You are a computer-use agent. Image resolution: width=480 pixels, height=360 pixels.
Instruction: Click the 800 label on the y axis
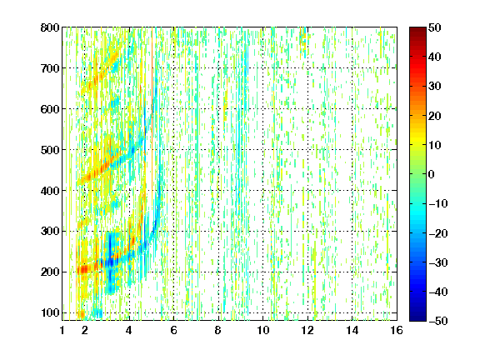click(x=50, y=27)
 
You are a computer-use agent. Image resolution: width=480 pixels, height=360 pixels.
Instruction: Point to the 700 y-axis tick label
click(x=50, y=68)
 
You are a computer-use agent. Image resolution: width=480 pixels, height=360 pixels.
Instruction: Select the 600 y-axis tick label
click(x=50, y=109)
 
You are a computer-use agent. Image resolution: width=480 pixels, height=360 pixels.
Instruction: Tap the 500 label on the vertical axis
click(x=50, y=150)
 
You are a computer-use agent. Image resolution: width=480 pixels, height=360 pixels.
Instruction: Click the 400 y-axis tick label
click(x=50, y=191)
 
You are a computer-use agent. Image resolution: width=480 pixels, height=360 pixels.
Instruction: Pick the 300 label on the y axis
click(x=50, y=231)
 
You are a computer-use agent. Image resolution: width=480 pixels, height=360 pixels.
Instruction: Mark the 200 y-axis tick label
click(x=50, y=272)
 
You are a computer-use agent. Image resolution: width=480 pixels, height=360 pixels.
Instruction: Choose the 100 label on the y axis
click(x=50, y=312)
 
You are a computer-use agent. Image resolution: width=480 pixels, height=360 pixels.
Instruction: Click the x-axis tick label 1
click(x=62, y=330)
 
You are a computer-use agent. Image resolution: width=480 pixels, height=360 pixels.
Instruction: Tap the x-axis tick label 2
click(x=85, y=330)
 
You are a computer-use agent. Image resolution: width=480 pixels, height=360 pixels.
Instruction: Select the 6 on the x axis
click(x=174, y=330)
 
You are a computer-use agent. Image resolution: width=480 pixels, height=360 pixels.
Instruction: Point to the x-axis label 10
click(x=263, y=330)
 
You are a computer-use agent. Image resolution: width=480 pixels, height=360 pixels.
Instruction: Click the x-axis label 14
click(x=352, y=330)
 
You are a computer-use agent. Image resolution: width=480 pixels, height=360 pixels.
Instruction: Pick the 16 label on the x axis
click(x=397, y=330)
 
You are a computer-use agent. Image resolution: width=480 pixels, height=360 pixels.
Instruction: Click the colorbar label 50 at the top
click(x=435, y=27)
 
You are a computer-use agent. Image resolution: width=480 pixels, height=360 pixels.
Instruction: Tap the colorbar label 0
click(x=432, y=174)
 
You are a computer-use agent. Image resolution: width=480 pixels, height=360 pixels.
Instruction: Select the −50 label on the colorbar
click(x=438, y=321)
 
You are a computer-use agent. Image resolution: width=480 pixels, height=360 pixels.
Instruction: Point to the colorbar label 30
click(x=435, y=87)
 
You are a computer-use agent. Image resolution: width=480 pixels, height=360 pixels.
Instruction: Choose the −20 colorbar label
click(x=438, y=233)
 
